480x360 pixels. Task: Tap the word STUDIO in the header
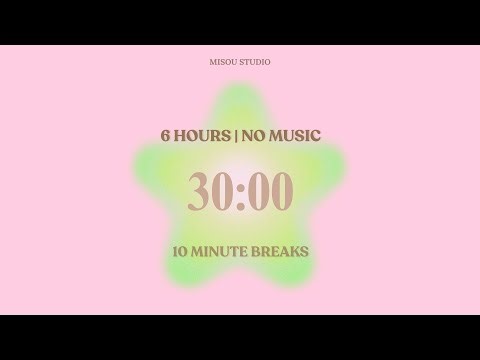click(254, 62)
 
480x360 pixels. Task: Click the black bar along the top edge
click(240, 22)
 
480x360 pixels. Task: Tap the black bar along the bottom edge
click(240, 337)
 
